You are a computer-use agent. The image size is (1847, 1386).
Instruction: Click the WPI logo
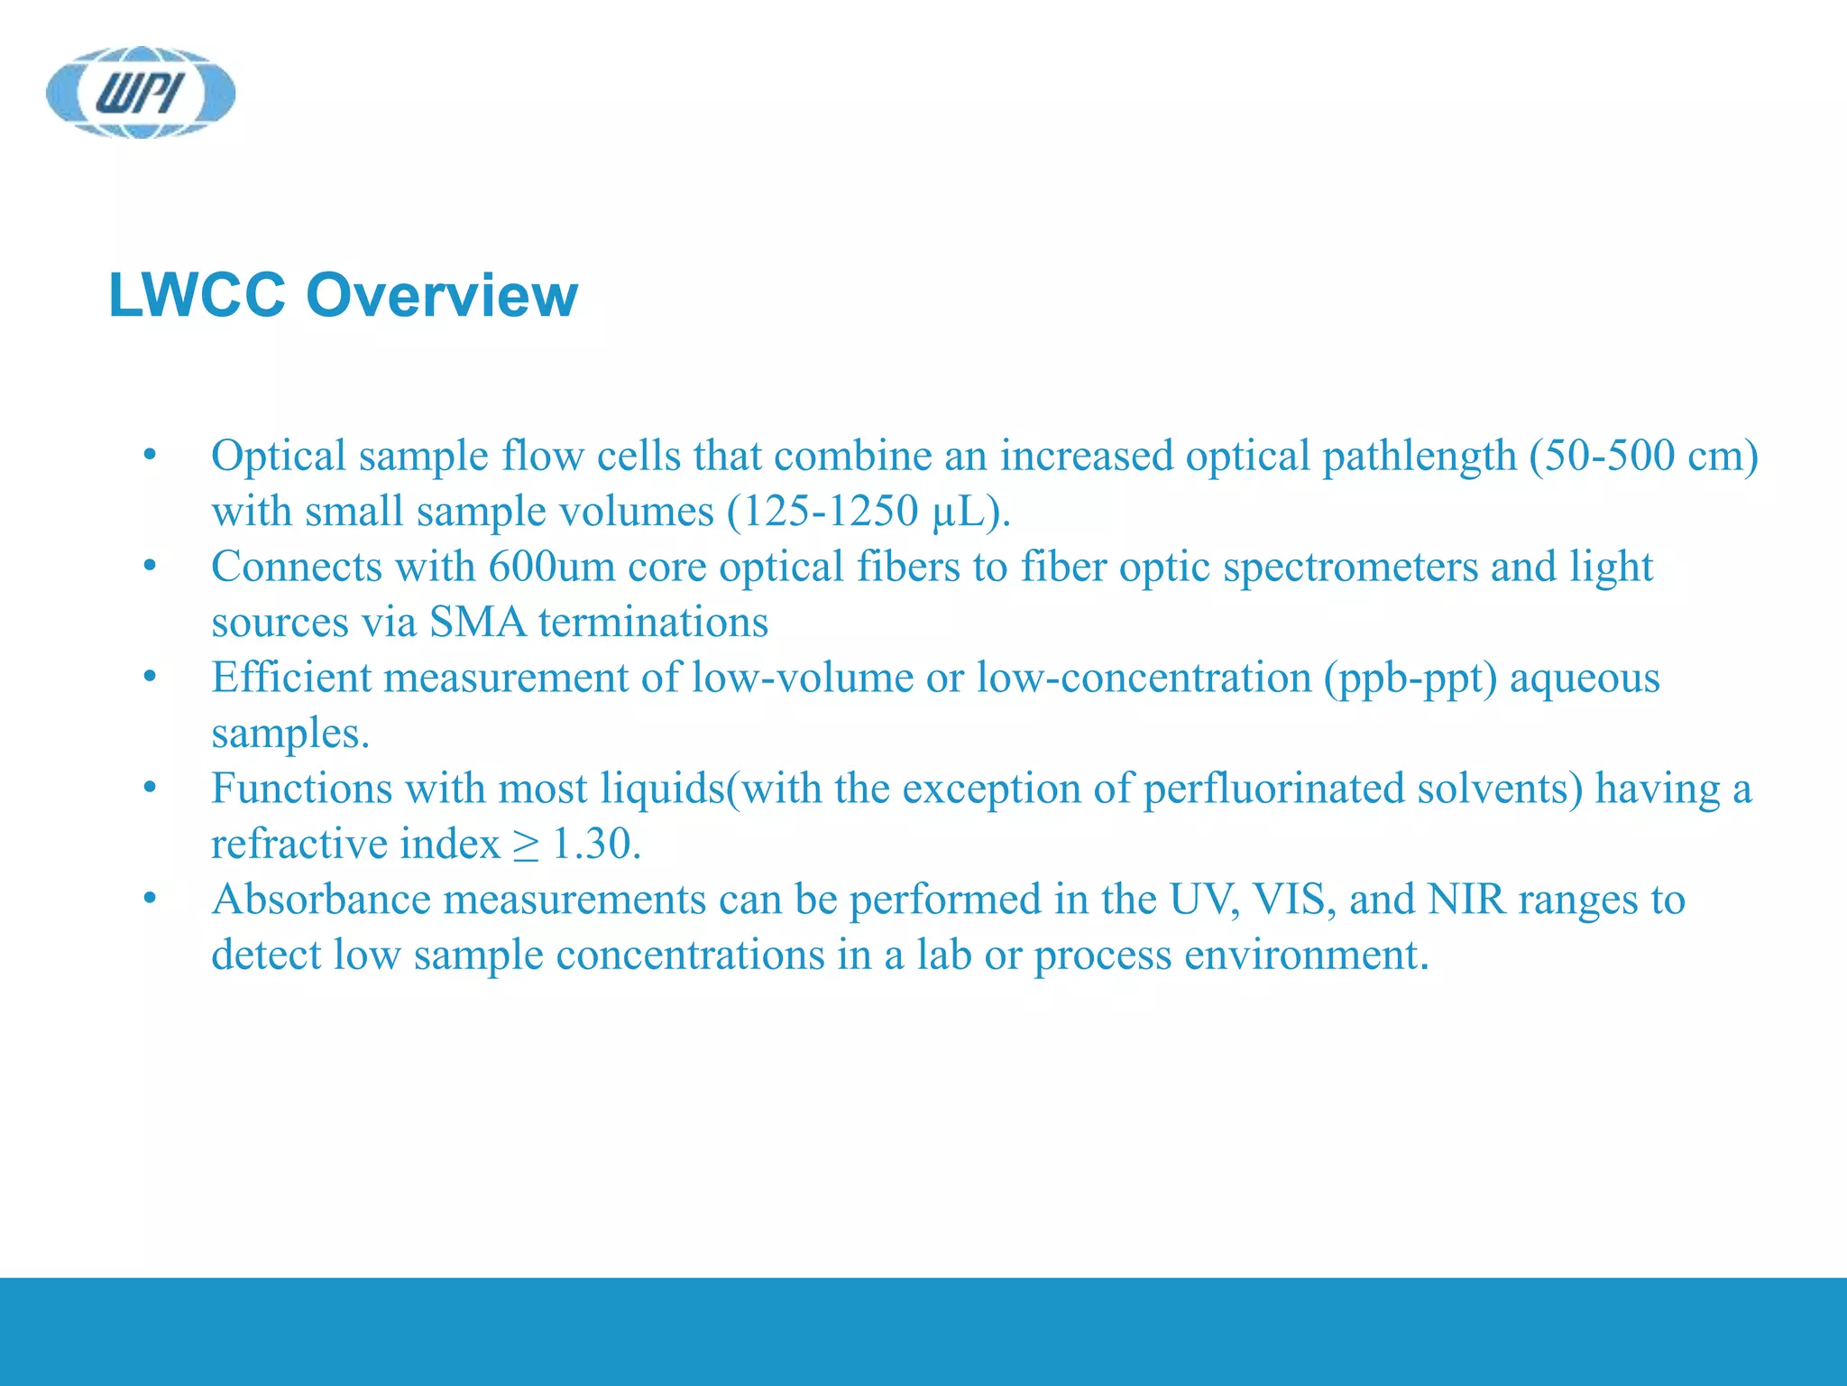[141, 92]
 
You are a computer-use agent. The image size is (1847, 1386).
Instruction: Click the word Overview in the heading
[442, 295]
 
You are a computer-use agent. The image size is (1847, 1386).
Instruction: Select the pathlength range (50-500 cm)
[1643, 456]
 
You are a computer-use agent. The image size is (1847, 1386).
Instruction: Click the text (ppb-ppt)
[1411, 679]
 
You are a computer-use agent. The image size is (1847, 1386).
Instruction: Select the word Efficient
[290, 679]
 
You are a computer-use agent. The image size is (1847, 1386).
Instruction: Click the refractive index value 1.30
[595, 845]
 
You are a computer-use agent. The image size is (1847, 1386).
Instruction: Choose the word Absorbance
[321, 901]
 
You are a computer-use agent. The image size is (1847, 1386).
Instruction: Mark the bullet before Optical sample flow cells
[150, 456]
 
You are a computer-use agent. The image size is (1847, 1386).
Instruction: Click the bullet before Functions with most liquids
[150, 790]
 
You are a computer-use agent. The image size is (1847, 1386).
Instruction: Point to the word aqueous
[1585, 679]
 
